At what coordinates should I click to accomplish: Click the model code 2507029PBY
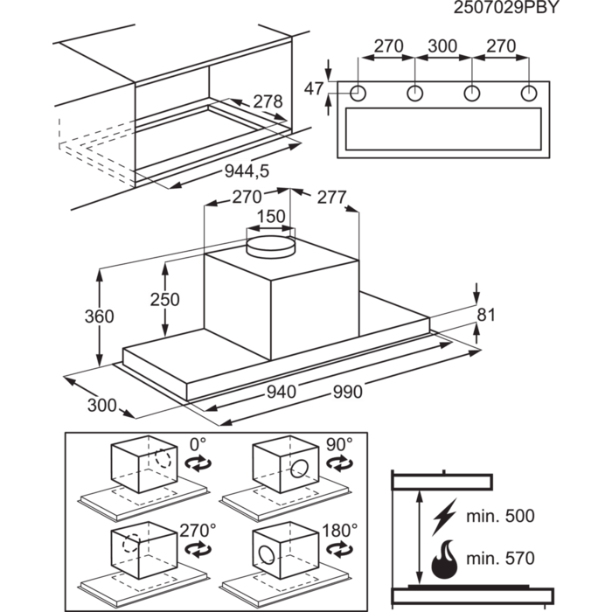[x=505, y=8]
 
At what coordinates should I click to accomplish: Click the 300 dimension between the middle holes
[x=442, y=45]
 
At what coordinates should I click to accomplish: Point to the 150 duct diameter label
[x=271, y=217]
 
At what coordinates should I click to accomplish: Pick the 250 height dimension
[x=163, y=300]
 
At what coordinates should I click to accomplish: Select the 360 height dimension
[x=99, y=316]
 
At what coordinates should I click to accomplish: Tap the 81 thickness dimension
[x=486, y=315]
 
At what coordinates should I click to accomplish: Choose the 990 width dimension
[x=347, y=393]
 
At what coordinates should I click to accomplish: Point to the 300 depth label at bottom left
[x=101, y=406]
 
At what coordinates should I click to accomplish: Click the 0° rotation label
[x=198, y=444]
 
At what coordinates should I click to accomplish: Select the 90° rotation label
[x=337, y=444]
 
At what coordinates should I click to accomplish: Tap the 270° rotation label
[x=198, y=531]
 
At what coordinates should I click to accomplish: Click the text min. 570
[x=501, y=559]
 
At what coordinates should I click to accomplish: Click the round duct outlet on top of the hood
[x=271, y=247]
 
